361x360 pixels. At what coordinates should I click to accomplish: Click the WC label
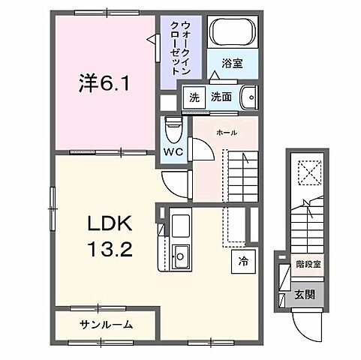point(172,152)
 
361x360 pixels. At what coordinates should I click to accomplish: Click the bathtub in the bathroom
point(233,33)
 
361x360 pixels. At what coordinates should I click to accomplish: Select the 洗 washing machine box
point(194,97)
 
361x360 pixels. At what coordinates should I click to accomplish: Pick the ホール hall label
point(227,133)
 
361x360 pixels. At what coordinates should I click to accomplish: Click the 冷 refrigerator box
point(243,262)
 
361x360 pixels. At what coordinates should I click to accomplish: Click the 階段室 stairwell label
point(308,264)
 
